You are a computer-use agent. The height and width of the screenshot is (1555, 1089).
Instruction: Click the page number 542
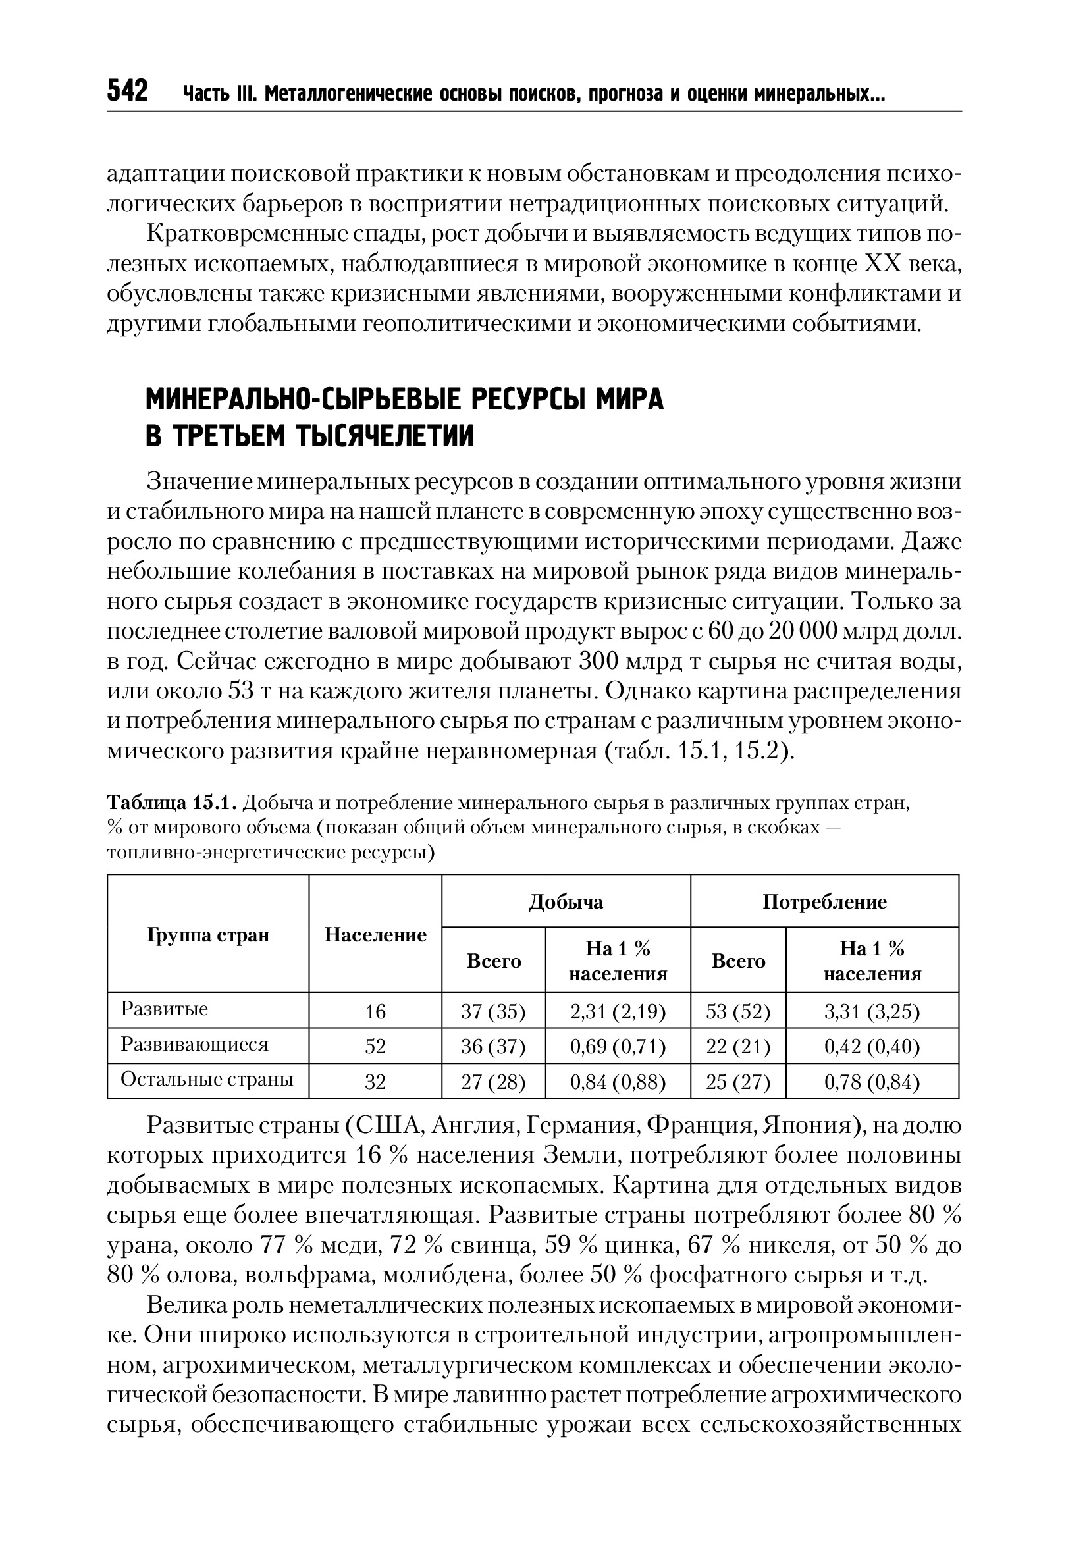pos(127,91)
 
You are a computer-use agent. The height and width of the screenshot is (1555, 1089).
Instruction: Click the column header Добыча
pos(566,901)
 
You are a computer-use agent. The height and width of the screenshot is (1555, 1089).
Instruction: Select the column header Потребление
pos(824,901)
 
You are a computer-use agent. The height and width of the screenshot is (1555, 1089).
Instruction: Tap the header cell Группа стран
pos(208,935)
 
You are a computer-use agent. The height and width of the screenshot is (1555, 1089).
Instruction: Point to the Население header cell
pos(375,935)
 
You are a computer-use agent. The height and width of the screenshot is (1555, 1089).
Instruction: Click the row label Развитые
pos(164,1009)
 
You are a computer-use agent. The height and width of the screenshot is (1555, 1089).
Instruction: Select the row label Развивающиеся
pos(194,1043)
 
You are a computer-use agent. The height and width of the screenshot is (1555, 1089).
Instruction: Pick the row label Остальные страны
pos(207,1079)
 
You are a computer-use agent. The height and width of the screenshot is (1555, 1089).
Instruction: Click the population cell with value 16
pos(375,1011)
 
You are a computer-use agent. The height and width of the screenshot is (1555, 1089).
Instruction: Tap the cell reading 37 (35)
pos(493,1011)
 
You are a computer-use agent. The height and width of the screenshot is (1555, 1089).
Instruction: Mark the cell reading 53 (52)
pos(737,1011)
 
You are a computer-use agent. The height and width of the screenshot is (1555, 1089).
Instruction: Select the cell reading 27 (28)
pos(493,1082)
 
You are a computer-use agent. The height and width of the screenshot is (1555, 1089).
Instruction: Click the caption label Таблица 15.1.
pos(172,803)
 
